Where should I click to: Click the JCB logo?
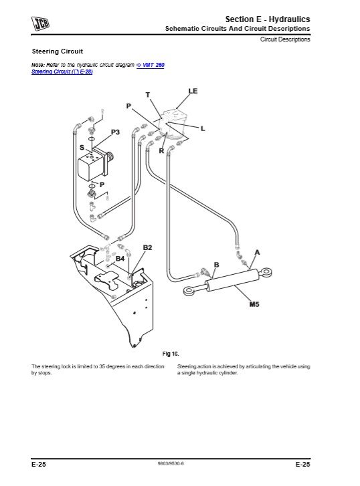40,23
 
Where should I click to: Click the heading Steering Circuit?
58,51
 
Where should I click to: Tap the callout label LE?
193,91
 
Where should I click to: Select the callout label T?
148,95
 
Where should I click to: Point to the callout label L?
203,128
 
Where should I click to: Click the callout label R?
161,151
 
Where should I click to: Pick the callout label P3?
115,132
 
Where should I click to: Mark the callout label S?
82,148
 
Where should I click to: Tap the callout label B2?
147,247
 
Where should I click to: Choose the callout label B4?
120,259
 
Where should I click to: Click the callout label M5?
254,304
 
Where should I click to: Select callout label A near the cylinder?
257,253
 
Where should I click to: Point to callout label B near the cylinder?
217,265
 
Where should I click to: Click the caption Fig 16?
171,354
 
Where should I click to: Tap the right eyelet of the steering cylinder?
266,273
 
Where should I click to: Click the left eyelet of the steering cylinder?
189,291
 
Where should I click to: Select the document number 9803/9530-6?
171,464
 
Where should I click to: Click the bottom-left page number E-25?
39,465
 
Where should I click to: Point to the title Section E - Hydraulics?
268,19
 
